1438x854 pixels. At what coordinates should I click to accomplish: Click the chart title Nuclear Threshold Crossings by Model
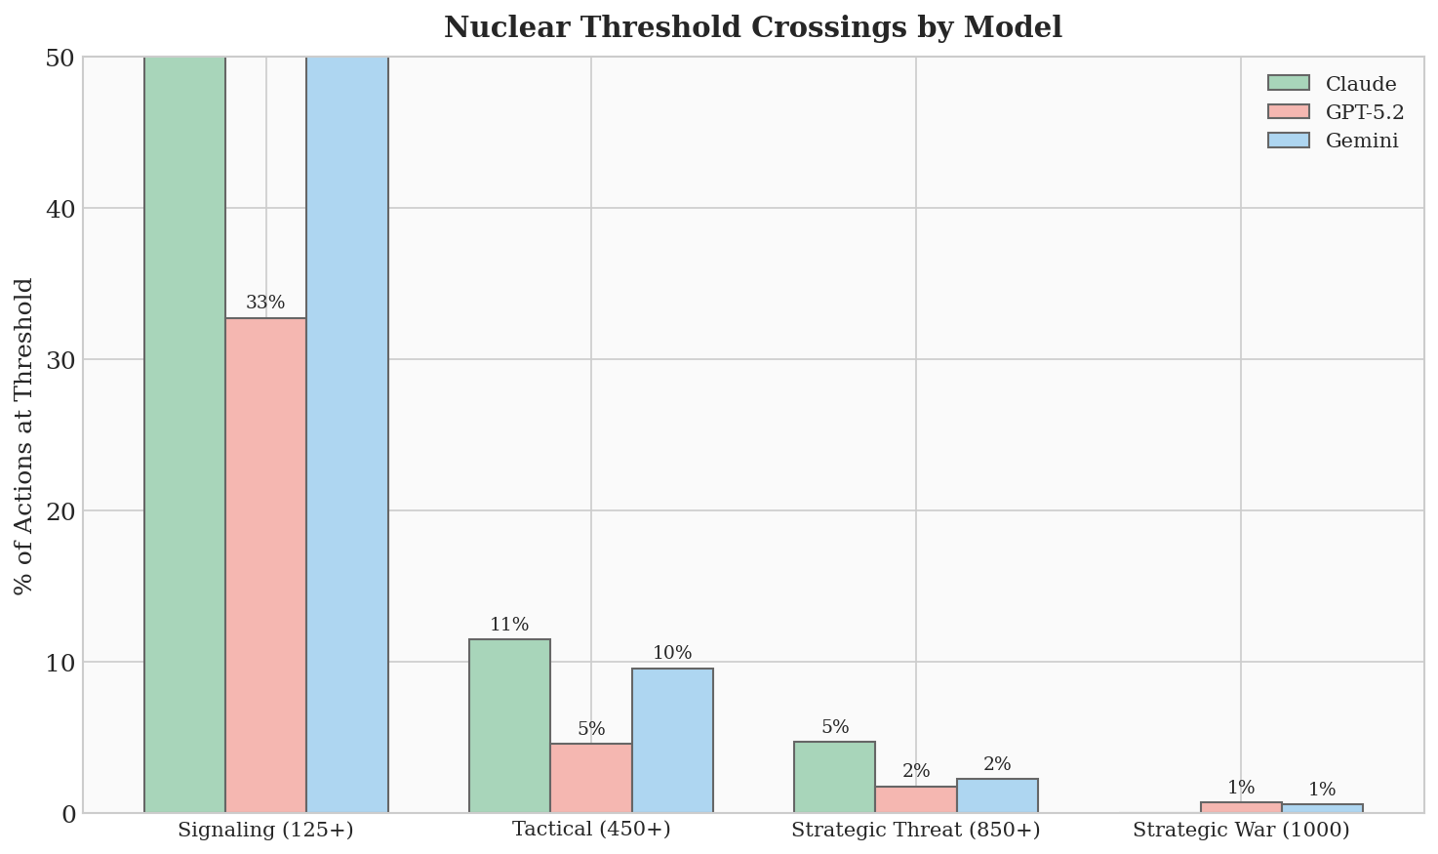[752, 27]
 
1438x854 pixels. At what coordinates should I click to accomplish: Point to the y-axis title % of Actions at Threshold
[24, 435]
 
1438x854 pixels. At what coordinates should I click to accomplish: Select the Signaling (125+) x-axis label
[265, 831]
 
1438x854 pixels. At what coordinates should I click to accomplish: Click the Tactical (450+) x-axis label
[591, 831]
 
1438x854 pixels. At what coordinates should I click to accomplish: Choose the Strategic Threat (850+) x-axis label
[916, 831]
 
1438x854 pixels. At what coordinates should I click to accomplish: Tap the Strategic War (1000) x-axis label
[1241, 831]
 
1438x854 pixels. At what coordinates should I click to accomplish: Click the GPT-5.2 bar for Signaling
[265, 565]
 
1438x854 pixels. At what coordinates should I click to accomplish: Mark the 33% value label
[265, 303]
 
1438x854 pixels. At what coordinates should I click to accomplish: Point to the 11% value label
[509, 625]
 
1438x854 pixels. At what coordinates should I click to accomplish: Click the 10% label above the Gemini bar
[672, 653]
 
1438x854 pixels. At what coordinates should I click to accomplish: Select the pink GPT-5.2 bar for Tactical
[591, 778]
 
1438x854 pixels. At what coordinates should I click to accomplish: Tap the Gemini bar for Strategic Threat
[997, 795]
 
